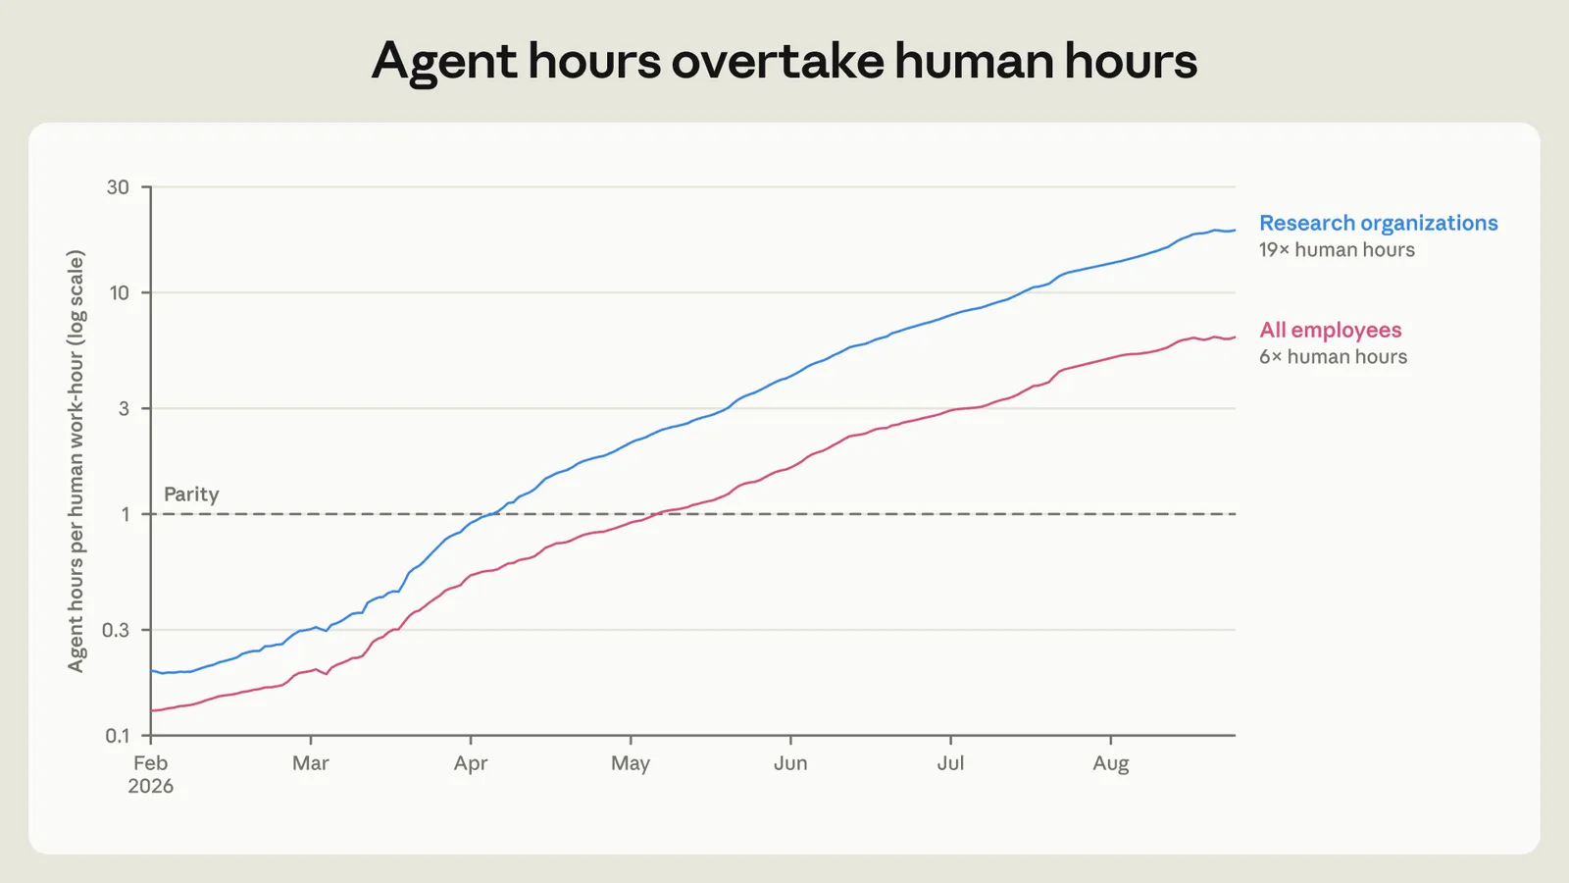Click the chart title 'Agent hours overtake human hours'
click(x=784, y=61)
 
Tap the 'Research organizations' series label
click(x=1379, y=223)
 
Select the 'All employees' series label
click(x=1330, y=330)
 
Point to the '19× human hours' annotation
click(x=1337, y=250)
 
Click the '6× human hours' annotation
click(x=1333, y=357)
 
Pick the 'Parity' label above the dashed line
click(x=191, y=494)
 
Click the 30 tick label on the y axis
click(x=118, y=187)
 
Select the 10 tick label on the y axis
click(x=119, y=293)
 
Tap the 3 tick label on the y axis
click(x=124, y=408)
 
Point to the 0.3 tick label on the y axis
click(x=116, y=630)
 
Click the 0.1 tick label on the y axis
click(x=117, y=736)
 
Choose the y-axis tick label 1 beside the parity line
click(x=126, y=514)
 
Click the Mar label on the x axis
click(x=310, y=763)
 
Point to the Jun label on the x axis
click(x=790, y=763)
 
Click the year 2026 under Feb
click(x=151, y=786)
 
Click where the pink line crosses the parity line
click(x=655, y=514)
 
